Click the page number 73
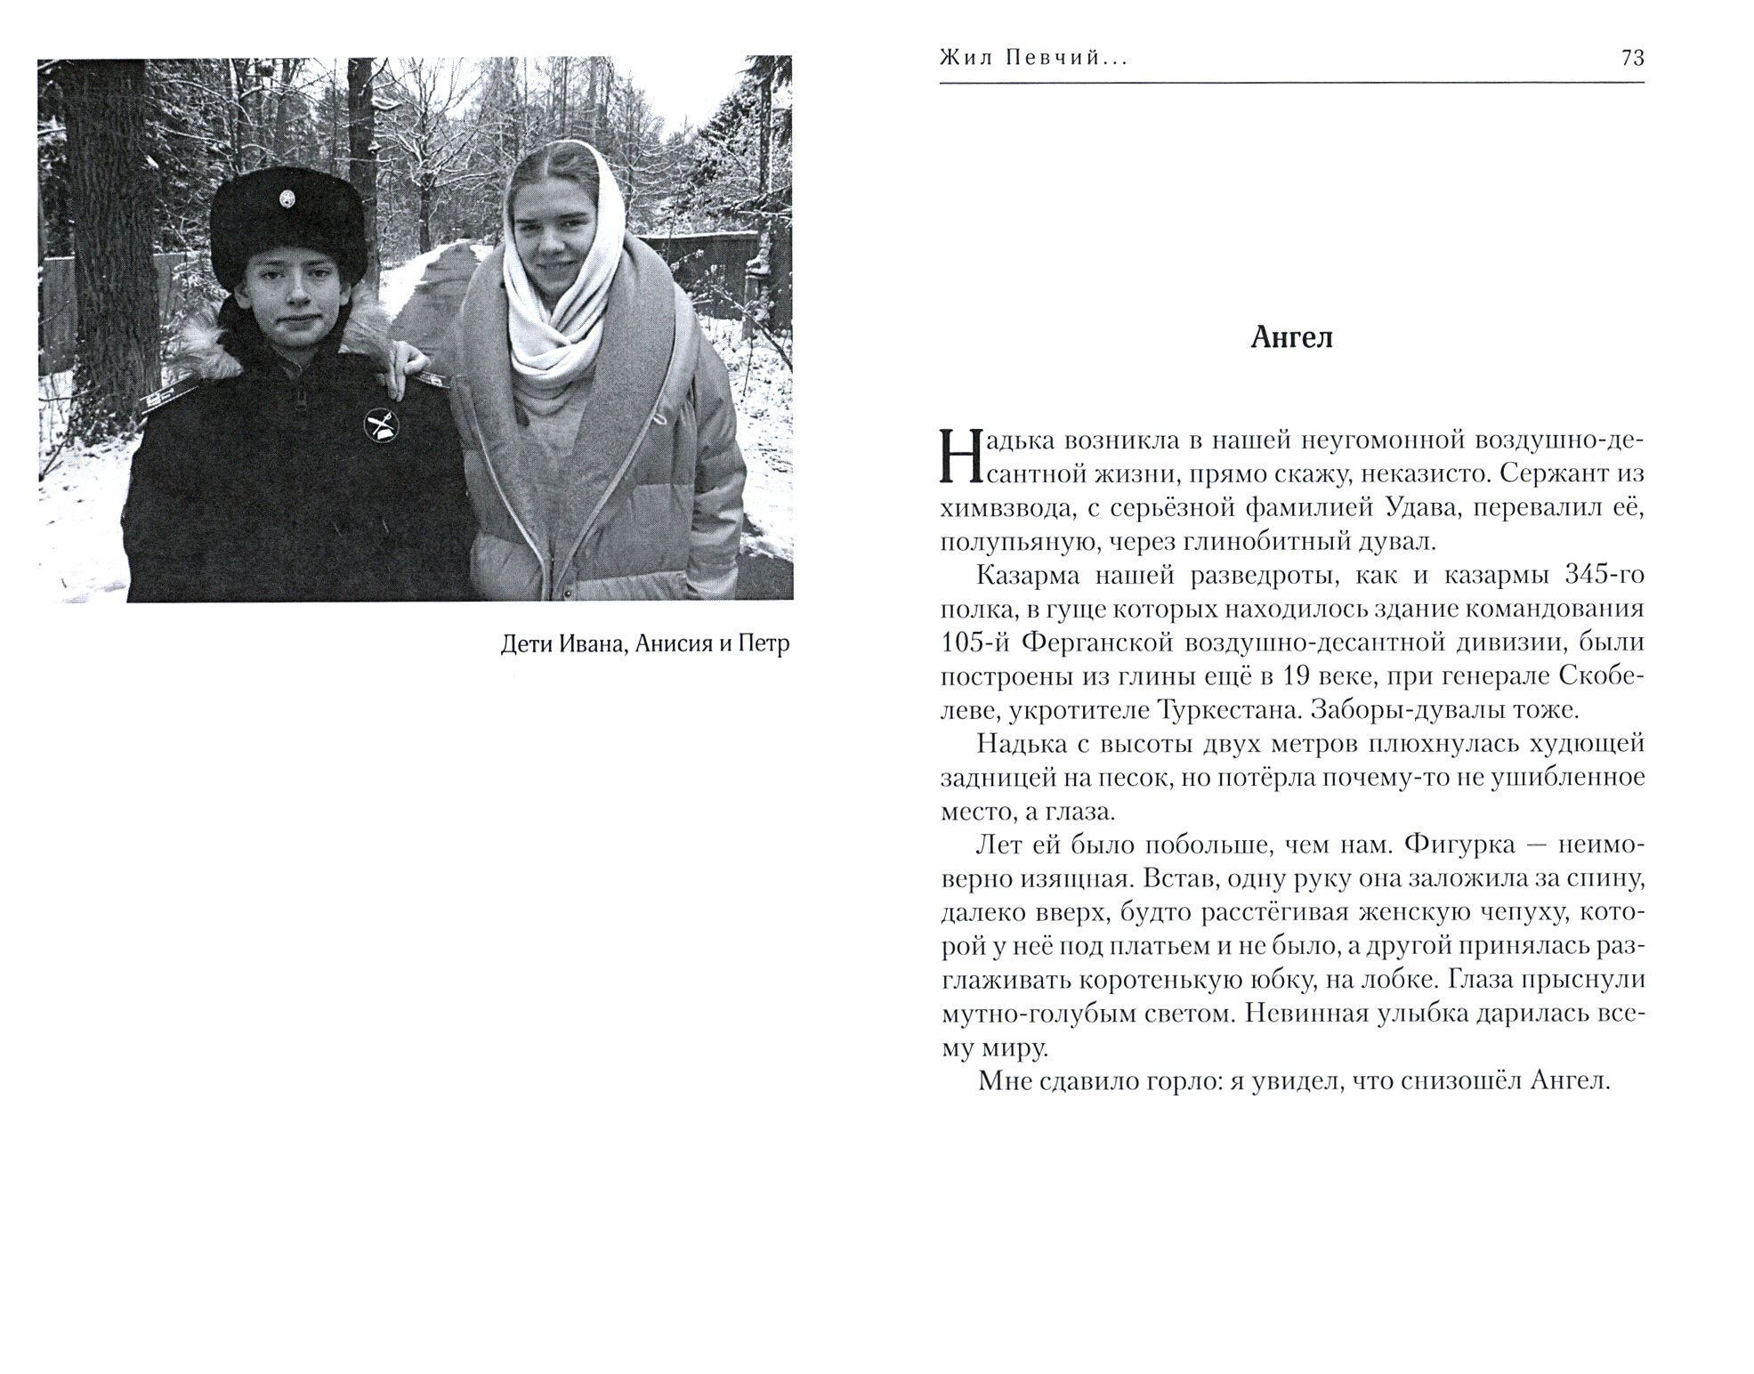coord(1632,59)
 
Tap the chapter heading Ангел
coord(1291,338)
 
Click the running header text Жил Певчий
coord(1032,59)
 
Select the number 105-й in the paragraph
coord(972,643)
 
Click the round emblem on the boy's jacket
coord(380,425)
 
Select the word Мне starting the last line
coord(1001,1081)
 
